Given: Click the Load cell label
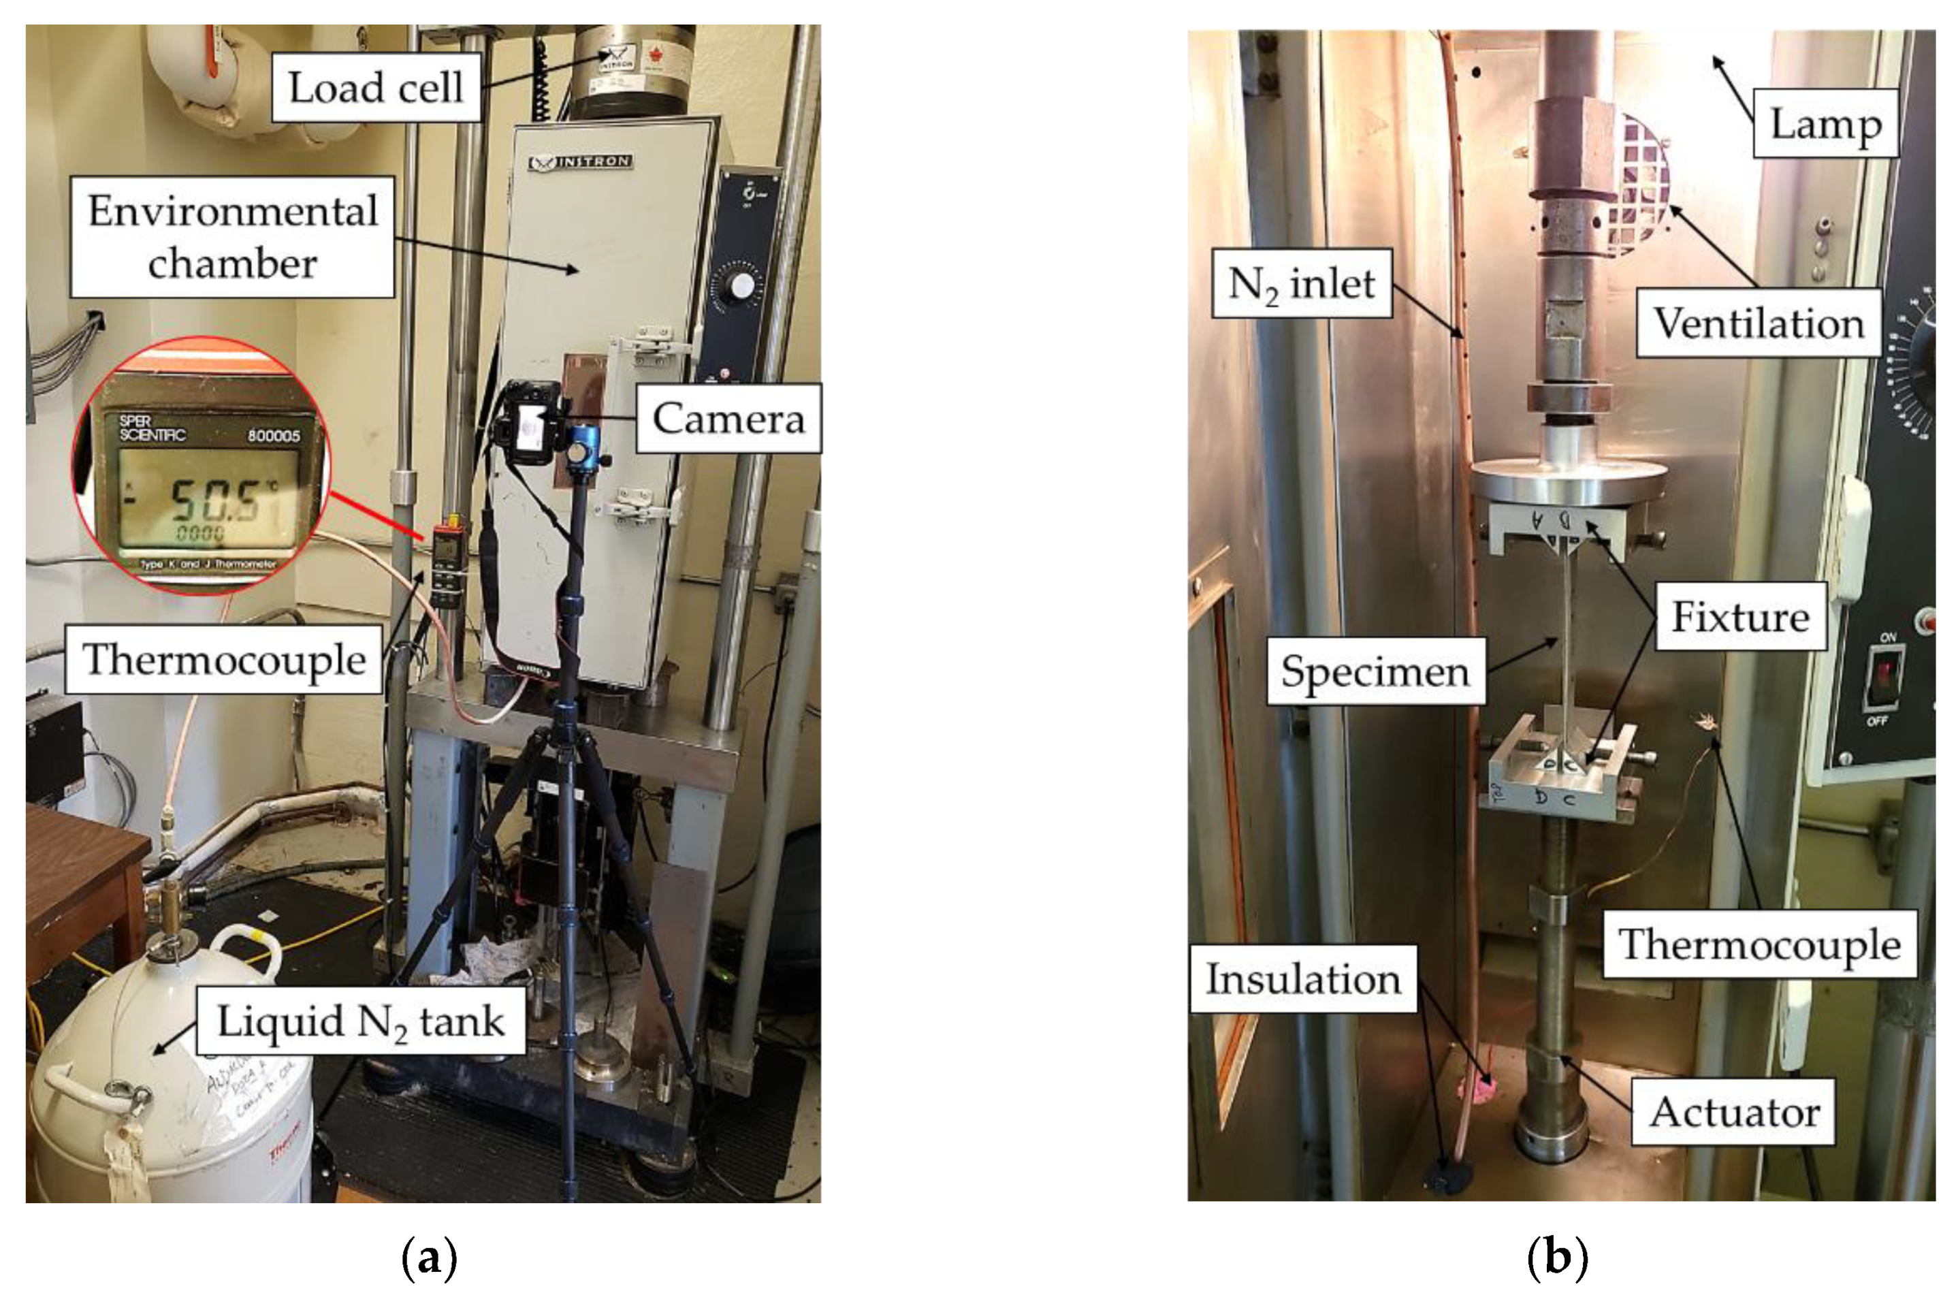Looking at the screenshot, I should [x=375, y=88].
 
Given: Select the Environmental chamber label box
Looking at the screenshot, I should [x=232, y=237].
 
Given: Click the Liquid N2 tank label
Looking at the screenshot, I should [x=360, y=1021].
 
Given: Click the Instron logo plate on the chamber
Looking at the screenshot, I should [x=581, y=161].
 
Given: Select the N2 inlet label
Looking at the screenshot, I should [x=1301, y=284].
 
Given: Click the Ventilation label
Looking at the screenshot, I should [x=1758, y=323].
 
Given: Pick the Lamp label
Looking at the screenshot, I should [x=1825, y=125].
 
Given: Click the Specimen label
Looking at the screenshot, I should [x=1375, y=671].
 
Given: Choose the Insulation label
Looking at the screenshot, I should [x=1302, y=979].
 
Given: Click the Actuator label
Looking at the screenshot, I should [x=1734, y=1112].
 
